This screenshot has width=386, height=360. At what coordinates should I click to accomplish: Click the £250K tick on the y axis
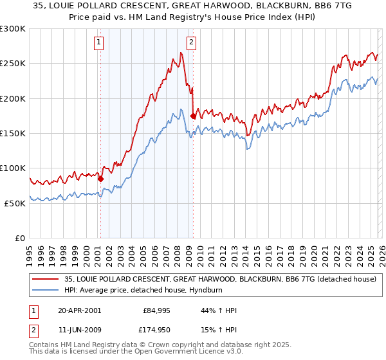point(14,64)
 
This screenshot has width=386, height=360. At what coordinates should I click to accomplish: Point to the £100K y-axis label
point(14,168)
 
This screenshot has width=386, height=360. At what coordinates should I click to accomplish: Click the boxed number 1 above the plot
point(100,43)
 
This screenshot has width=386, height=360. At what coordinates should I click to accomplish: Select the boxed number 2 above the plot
point(192,43)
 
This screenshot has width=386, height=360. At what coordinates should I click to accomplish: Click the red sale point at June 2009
point(193,116)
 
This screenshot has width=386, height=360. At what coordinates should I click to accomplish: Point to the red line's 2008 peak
point(181,53)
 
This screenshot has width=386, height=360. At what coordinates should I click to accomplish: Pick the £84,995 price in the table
point(154,310)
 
